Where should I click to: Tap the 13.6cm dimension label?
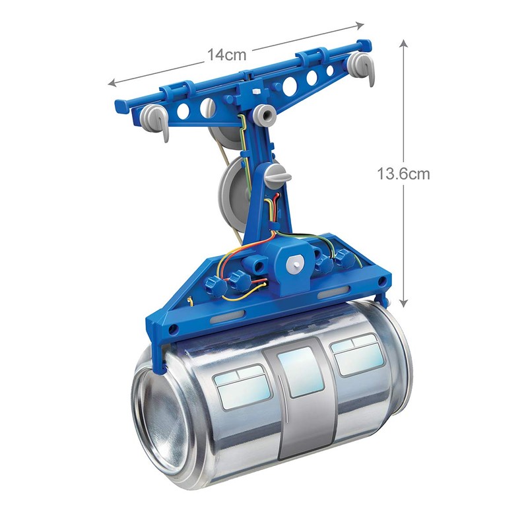coord(403,174)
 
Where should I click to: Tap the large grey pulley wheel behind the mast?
coord(232,185)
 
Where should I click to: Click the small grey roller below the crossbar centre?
coord(265,115)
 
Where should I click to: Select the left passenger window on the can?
coord(239,389)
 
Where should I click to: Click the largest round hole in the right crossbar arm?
coord(289,84)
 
